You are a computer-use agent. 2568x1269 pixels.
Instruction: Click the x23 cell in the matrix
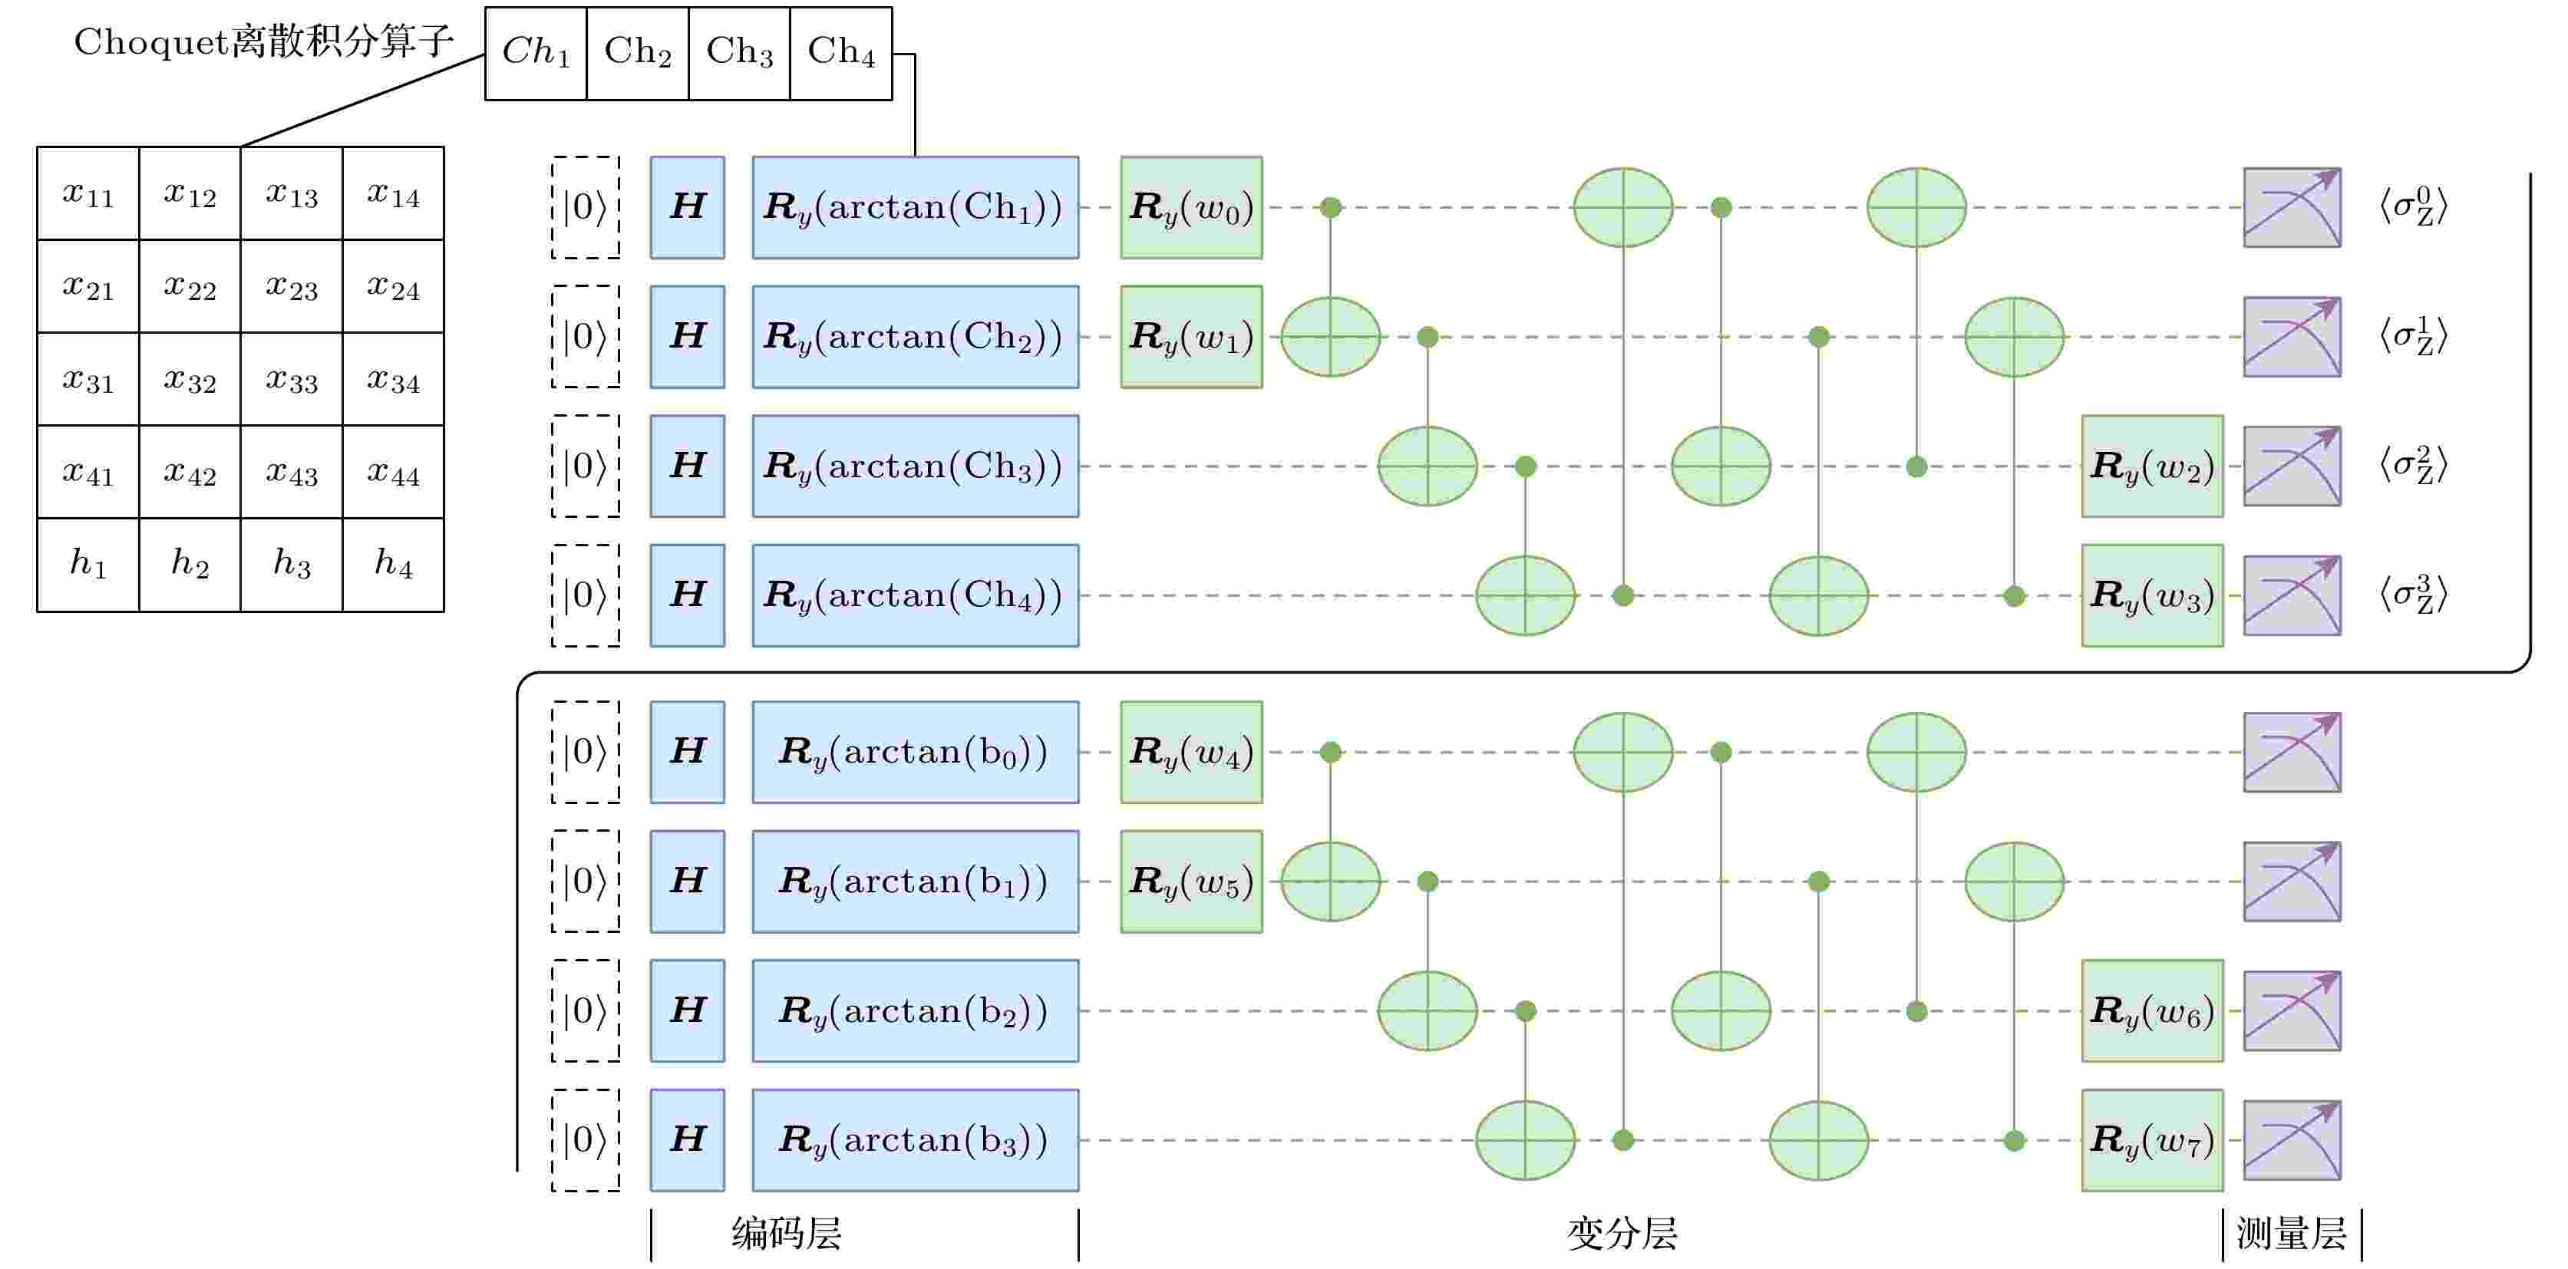tap(291, 286)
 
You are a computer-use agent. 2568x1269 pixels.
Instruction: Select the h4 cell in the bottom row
tap(394, 564)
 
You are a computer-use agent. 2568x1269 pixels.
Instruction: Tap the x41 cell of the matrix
tap(87, 472)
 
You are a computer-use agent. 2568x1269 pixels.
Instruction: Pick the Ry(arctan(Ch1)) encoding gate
tap(915, 207)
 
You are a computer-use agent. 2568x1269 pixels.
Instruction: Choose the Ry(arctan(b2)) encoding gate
tap(915, 1010)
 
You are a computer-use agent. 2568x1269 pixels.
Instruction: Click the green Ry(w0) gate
tap(1191, 207)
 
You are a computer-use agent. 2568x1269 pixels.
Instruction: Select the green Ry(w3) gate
tap(2152, 595)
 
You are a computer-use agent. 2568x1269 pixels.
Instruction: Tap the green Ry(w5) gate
tap(1191, 882)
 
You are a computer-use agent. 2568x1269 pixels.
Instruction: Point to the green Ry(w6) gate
tap(2152, 1010)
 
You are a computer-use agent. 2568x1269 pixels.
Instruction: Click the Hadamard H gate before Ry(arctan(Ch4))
tap(688, 595)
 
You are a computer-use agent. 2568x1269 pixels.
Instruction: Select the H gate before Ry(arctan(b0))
tap(688, 752)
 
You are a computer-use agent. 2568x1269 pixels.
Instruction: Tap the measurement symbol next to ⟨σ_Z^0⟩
tap(2292, 207)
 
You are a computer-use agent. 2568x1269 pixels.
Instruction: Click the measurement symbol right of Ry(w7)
tap(2292, 1140)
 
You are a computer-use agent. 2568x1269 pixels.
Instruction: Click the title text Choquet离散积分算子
tap(264, 43)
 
